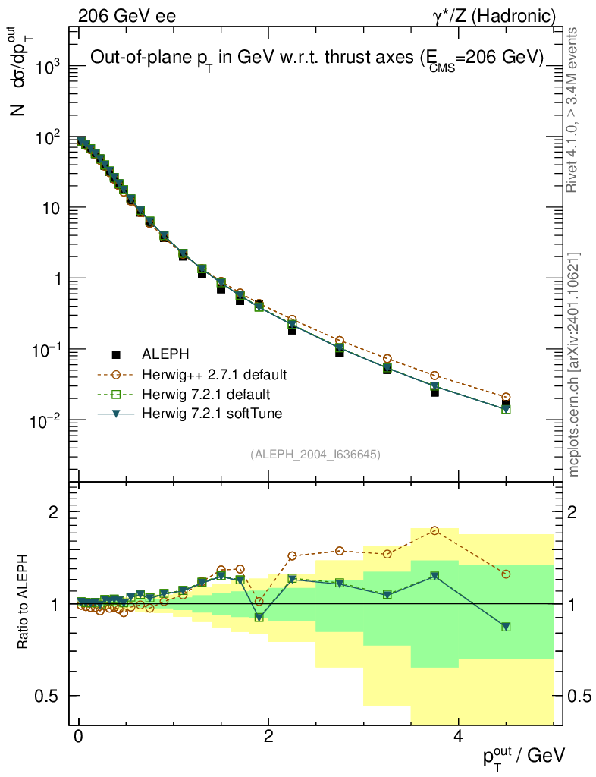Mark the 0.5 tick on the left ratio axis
point(47,696)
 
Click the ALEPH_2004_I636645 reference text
point(315,455)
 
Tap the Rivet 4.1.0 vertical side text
point(574,109)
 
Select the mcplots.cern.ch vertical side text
point(574,364)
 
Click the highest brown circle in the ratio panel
point(434,530)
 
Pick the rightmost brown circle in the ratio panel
point(506,574)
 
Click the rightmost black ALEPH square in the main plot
point(506,404)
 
